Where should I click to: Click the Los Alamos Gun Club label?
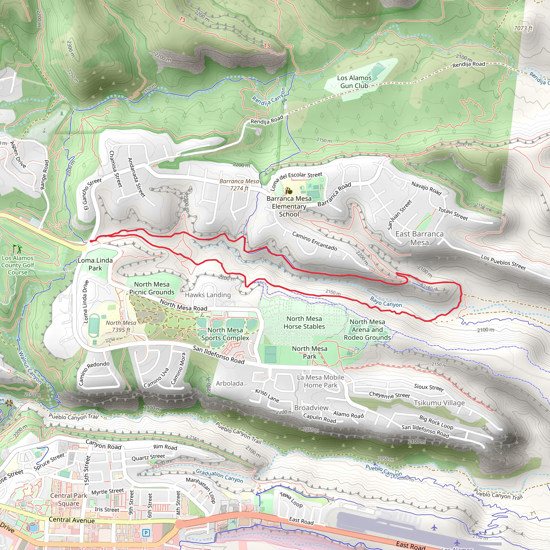point(354,82)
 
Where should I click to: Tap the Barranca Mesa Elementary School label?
point(289,207)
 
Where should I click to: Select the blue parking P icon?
point(146,532)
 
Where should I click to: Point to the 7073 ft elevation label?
point(523,28)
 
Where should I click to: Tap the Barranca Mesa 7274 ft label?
point(239,185)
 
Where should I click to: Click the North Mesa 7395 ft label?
point(121,326)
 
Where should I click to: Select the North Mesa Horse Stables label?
point(304,323)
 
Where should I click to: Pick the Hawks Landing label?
point(208,295)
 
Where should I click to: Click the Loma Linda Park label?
point(95,264)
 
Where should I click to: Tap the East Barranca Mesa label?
point(419,238)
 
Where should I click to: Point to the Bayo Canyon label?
point(386,302)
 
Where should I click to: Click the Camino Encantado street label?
point(314,241)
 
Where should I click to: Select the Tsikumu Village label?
point(439,403)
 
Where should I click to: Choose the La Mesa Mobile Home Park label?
point(321,381)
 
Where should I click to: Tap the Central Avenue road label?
point(72,520)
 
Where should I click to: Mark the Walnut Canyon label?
point(30,368)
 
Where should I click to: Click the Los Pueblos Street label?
point(503,262)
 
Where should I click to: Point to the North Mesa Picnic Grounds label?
point(152,288)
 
